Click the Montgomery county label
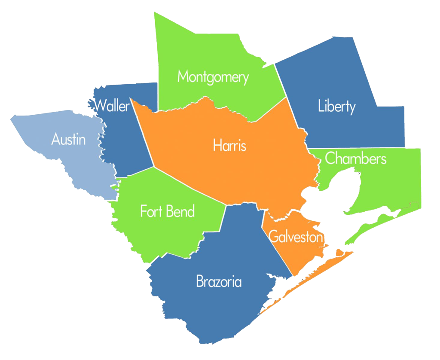pyautogui.click(x=213, y=77)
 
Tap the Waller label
pyautogui.click(x=112, y=105)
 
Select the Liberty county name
pyautogui.click(x=337, y=106)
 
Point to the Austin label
pyautogui.click(x=68, y=140)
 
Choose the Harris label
pyautogui.click(x=230, y=146)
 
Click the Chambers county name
pyautogui.click(x=356, y=159)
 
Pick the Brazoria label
pyautogui.click(x=219, y=282)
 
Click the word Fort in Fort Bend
pyautogui.click(x=151, y=211)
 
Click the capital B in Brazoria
pyautogui.click(x=200, y=282)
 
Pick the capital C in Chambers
pyautogui.click(x=330, y=159)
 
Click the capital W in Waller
pyautogui.click(x=101, y=105)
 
